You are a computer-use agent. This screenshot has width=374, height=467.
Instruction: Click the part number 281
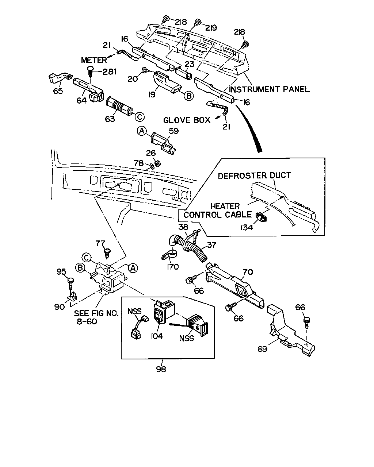(x=109, y=72)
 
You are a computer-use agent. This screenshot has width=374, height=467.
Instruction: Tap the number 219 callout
(x=211, y=28)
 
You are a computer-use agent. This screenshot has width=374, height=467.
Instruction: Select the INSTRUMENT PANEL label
(x=269, y=89)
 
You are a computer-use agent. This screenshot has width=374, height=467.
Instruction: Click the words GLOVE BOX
(x=187, y=120)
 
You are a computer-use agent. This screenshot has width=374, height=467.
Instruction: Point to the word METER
(x=94, y=60)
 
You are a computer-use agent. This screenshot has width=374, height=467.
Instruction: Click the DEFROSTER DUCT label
(x=254, y=175)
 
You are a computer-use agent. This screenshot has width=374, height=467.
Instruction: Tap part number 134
(x=247, y=227)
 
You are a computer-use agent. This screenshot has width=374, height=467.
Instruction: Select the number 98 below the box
(x=161, y=369)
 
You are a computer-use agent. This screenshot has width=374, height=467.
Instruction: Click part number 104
(x=157, y=336)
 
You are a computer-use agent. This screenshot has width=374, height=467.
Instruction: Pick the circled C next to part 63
(x=140, y=117)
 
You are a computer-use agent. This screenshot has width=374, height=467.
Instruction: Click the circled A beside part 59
(x=142, y=131)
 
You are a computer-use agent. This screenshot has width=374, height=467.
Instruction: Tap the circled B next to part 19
(x=189, y=96)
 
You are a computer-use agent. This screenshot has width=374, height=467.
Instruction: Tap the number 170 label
(x=173, y=266)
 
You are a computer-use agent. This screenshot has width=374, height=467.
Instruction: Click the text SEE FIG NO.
(x=96, y=313)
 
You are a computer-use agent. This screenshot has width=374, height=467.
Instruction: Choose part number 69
(x=262, y=349)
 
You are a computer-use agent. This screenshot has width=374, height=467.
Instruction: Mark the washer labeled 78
(x=152, y=166)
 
